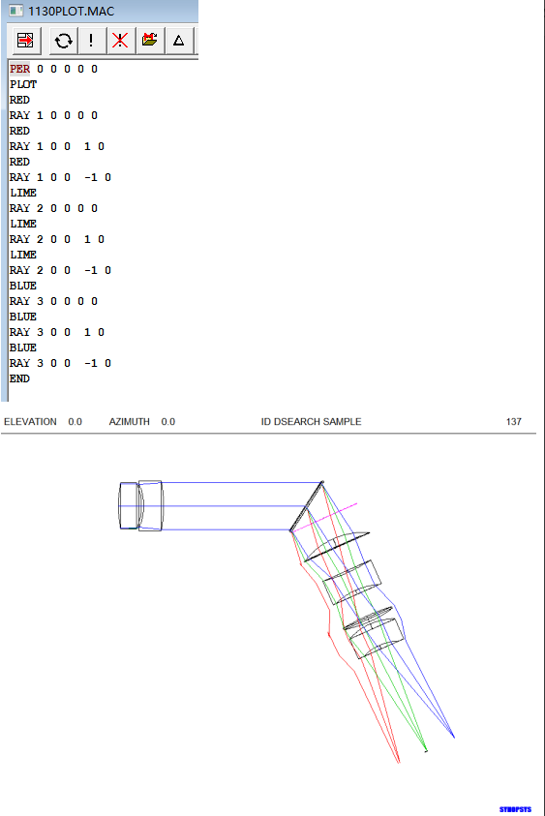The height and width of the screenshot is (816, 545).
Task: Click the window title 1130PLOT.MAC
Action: [x=71, y=11]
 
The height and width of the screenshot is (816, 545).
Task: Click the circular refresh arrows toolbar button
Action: [x=64, y=40]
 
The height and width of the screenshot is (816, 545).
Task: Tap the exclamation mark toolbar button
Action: [x=91, y=40]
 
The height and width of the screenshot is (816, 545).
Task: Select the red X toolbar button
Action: [x=120, y=40]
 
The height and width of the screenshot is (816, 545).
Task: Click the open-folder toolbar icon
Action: [x=149, y=40]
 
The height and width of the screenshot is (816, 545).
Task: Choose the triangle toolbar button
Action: [x=178, y=40]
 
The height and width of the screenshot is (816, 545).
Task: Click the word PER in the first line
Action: [x=19, y=69]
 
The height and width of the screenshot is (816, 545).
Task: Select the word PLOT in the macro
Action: [x=23, y=84]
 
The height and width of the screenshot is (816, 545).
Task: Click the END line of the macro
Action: [x=19, y=378]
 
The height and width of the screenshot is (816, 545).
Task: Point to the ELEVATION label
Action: [x=30, y=421]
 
